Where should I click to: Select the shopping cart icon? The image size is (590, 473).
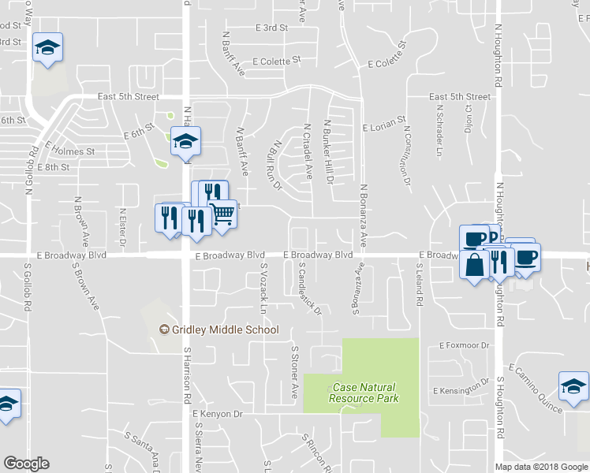222,214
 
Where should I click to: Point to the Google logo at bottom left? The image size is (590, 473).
26,464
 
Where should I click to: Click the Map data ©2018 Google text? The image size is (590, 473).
542,467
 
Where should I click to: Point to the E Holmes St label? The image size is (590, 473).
70,149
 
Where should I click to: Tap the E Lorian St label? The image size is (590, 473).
383,126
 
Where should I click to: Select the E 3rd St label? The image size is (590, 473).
271,28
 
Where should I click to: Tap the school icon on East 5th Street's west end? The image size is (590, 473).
47,48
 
